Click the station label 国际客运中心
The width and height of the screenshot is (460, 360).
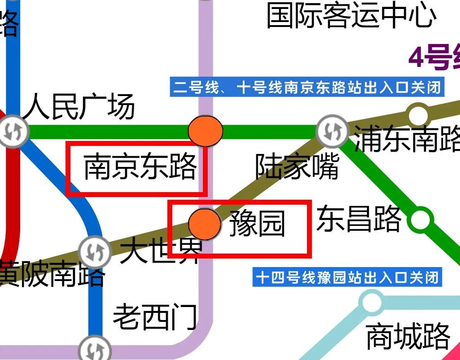(351, 16)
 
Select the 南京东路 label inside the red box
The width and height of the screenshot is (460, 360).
(140, 167)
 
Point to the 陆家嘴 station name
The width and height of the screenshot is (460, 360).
(297, 167)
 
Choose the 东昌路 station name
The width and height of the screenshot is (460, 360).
(359, 219)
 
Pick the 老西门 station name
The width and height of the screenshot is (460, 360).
(155, 317)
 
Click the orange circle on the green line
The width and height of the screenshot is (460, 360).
(205, 131)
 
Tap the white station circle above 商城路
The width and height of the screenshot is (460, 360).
(372, 303)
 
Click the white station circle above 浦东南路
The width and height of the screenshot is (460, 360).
(418, 115)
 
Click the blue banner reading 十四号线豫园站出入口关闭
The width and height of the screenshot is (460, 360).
(347, 278)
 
